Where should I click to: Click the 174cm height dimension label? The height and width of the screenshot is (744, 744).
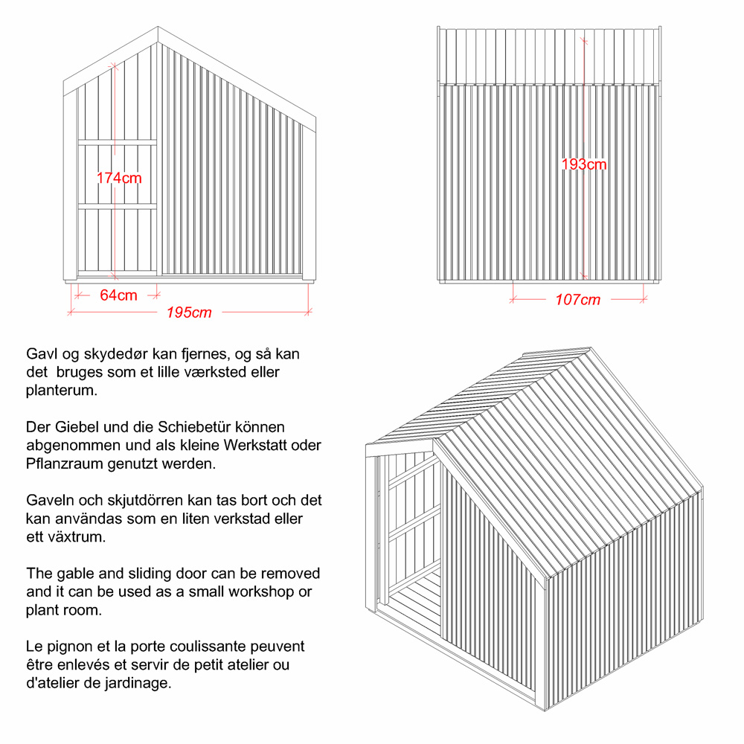click(119, 178)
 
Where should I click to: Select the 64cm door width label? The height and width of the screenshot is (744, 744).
click(119, 295)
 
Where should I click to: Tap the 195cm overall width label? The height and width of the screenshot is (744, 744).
click(189, 312)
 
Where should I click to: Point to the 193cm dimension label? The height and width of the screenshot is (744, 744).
click(584, 164)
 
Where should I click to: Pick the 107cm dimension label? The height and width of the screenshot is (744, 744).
click(578, 300)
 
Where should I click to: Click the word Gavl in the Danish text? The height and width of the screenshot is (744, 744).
click(41, 354)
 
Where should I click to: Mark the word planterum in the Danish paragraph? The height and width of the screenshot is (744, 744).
click(61, 390)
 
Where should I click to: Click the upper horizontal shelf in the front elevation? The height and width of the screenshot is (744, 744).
click(118, 141)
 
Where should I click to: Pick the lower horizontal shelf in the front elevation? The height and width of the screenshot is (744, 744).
click(118, 206)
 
